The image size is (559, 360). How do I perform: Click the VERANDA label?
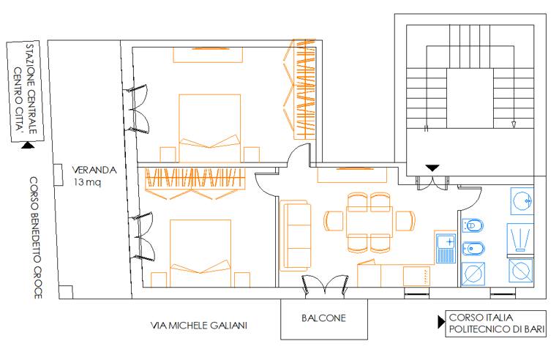click(x=94, y=170)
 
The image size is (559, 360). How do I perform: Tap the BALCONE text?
click(x=323, y=318)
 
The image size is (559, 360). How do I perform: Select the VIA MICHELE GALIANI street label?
click(x=198, y=326)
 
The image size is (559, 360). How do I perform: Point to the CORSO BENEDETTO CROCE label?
click(x=36, y=237)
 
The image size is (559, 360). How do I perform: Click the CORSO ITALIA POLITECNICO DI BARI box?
click(x=495, y=323)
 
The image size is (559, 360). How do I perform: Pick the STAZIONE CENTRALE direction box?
click(x=25, y=91)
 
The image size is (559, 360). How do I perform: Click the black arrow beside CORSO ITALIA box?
click(x=441, y=322)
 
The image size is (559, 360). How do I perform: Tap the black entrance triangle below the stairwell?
click(x=432, y=168)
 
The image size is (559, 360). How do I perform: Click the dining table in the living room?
click(x=369, y=222)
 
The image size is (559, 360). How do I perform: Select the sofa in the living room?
click(x=296, y=235)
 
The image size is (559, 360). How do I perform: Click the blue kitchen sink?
click(x=446, y=248)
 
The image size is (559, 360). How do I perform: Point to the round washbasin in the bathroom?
click(x=522, y=201)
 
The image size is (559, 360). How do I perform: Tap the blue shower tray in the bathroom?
click(x=520, y=239)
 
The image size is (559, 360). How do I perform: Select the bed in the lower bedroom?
click(x=200, y=253)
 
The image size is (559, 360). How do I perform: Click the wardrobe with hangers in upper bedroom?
click(x=301, y=89)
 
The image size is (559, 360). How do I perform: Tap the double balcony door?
click(x=325, y=284)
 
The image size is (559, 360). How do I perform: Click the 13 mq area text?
click(x=87, y=182)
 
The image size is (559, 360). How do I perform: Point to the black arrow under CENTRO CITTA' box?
click(x=28, y=145)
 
